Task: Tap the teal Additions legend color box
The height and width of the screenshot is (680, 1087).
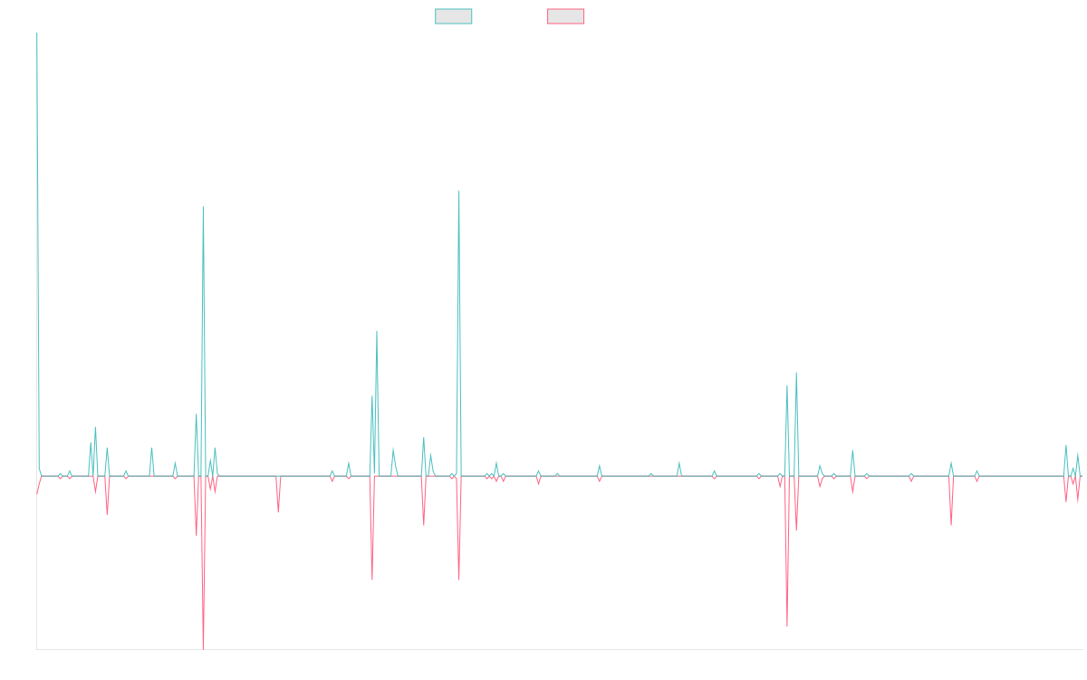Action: point(454,16)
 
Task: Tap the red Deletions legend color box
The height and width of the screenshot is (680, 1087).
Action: point(566,16)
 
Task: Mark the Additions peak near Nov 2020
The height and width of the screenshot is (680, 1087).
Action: point(459,192)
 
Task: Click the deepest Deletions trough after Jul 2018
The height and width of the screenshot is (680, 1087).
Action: point(203,647)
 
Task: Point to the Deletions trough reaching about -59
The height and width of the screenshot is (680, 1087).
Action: point(787,627)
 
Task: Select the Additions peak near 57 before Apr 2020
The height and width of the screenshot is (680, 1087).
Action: point(377,331)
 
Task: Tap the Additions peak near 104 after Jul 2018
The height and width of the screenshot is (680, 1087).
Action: point(203,207)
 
